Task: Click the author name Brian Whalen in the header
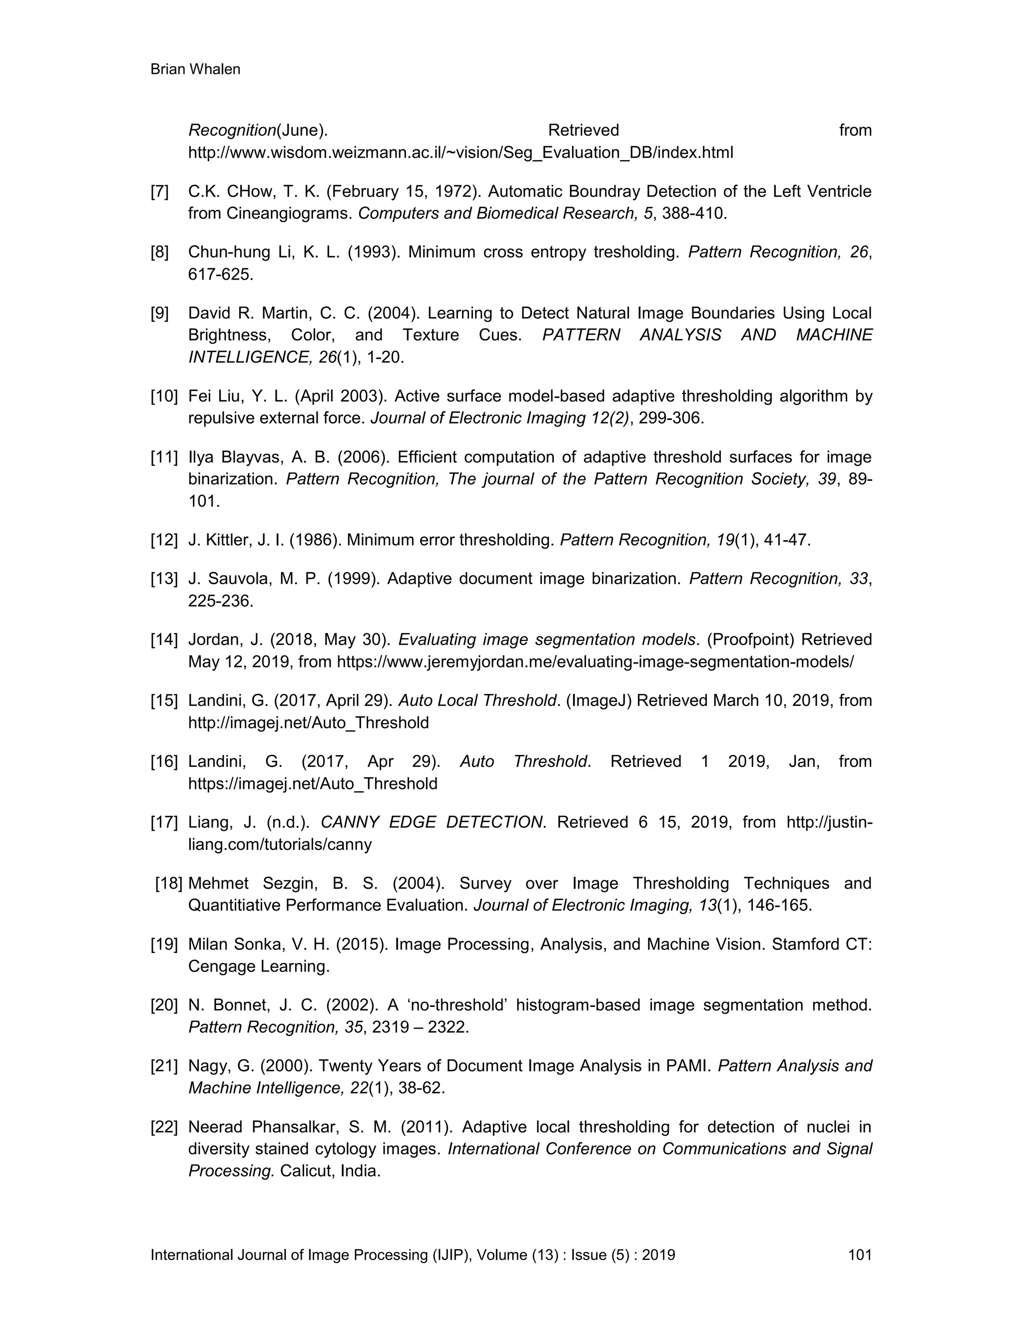click(x=195, y=70)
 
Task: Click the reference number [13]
click(x=164, y=579)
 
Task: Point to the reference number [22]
click(x=164, y=1127)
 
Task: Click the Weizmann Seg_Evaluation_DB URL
click(x=461, y=153)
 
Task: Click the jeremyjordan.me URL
click(x=595, y=661)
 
